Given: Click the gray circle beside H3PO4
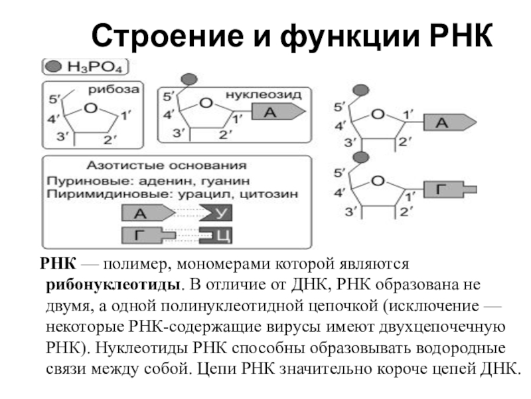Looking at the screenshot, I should (54, 67).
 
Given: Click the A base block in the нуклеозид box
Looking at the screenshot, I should (275, 112).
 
